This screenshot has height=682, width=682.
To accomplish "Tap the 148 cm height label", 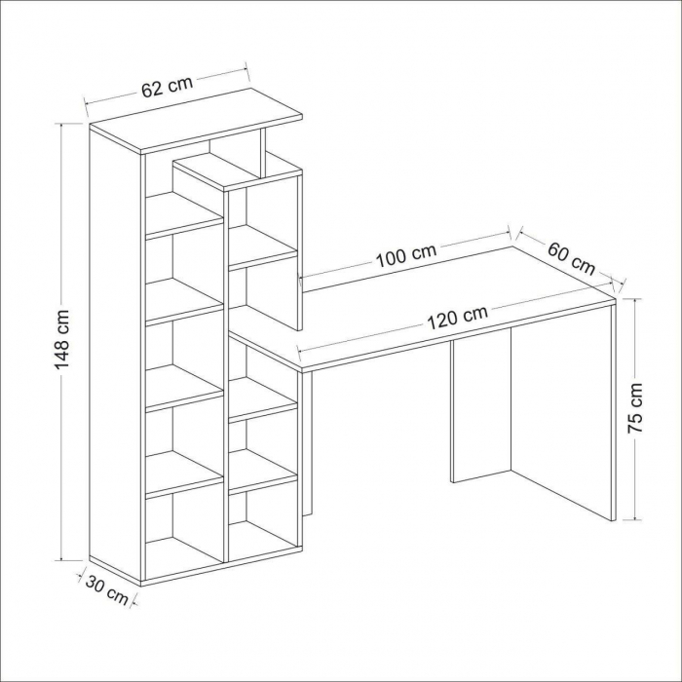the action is click(x=62, y=339).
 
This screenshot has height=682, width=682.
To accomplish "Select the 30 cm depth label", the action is click(x=107, y=589).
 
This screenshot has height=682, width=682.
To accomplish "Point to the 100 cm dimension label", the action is click(x=405, y=256).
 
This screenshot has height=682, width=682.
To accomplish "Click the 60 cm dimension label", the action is click(x=571, y=259).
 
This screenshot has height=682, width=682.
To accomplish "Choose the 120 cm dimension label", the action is click(x=457, y=318).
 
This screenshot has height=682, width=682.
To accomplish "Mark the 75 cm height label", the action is click(x=635, y=407).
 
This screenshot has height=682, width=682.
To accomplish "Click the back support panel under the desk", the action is click(x=481, y=406).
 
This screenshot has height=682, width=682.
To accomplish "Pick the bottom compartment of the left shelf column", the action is click(x=184, y=536).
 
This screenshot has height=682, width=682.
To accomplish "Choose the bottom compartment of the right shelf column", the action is click(x=263, y=519).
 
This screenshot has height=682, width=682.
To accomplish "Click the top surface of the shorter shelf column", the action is click(x=237, y=170).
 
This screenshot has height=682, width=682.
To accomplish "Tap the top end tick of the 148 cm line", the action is click(x=61, y=124).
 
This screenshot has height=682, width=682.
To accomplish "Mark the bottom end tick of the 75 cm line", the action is click(x=635, y=519).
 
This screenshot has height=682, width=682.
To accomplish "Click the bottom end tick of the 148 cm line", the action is click(x=61, y=560).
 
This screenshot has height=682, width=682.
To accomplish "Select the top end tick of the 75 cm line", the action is click(x=635, y=299).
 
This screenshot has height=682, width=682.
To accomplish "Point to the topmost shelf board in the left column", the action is click(x=184, y=214).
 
